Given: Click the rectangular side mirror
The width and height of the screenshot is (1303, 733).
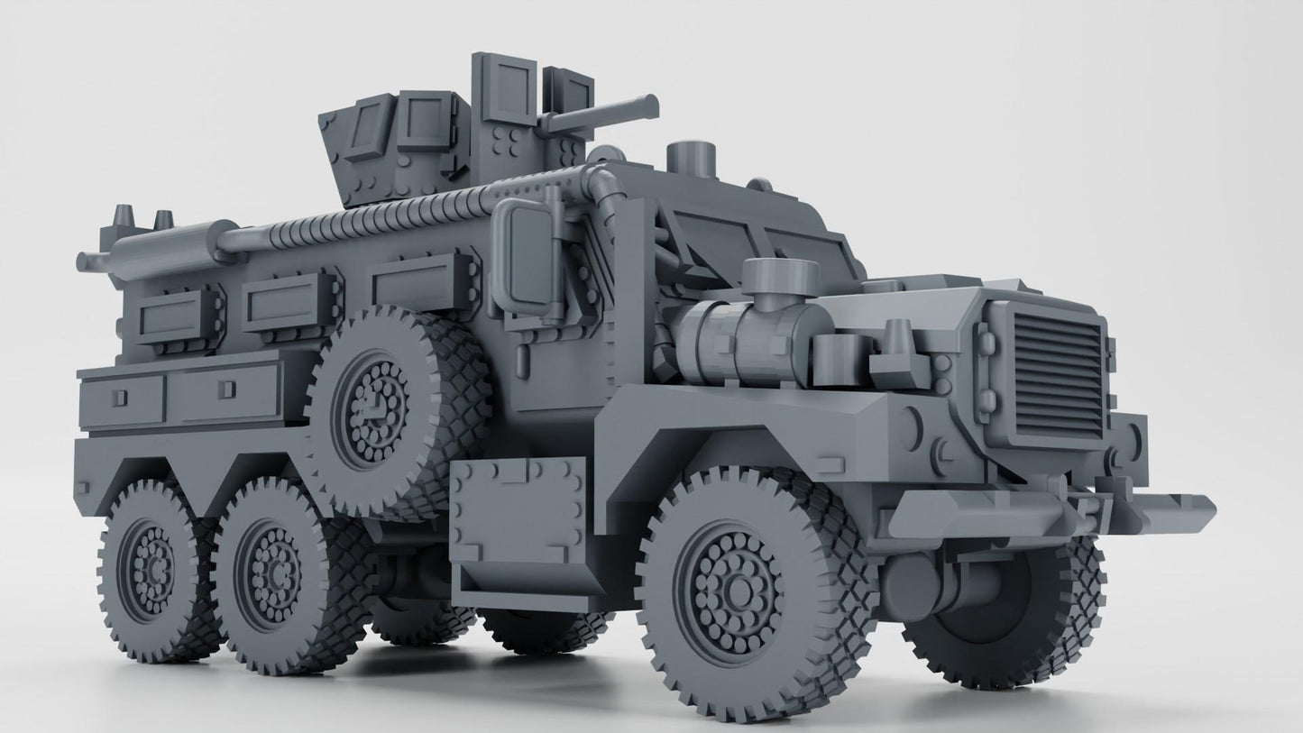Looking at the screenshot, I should tap(518, 254).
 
